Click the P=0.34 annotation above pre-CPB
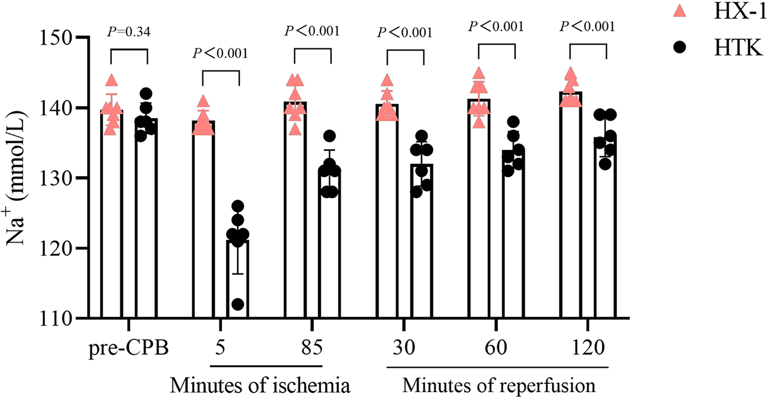tap(129, 32)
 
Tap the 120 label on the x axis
tap(589, 348)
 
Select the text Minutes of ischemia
tap(260, 385)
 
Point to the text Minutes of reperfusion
tap(499, 385)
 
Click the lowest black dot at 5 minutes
tap(238, 305)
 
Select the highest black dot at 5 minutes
tap(238, 207)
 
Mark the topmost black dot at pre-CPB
tap(146, 94)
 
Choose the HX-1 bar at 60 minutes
tap(479, 212)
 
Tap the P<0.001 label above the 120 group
tap(587, 26)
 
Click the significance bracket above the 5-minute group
tap(220, 72)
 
